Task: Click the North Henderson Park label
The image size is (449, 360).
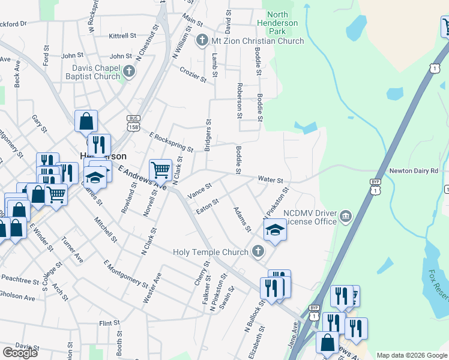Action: (x=282, y=23)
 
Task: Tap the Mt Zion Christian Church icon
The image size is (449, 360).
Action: (x=202, y=41)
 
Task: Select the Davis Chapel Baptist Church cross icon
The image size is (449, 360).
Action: (x=128, y=73)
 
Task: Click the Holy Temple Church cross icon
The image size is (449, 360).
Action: (x=258, y=252)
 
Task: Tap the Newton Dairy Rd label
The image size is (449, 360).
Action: (x=414, y=171)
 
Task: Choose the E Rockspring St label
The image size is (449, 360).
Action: (x=171, y=142)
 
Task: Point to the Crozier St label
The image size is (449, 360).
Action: (x=192, y=74)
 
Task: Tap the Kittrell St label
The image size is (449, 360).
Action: (x=124, y=36)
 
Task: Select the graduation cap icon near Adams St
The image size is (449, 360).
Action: (x=275, y=229)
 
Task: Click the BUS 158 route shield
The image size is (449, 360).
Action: (x=133, y=122)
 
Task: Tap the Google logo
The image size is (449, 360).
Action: (x=20, y=353)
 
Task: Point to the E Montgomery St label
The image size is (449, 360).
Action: (x=125, y=274)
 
